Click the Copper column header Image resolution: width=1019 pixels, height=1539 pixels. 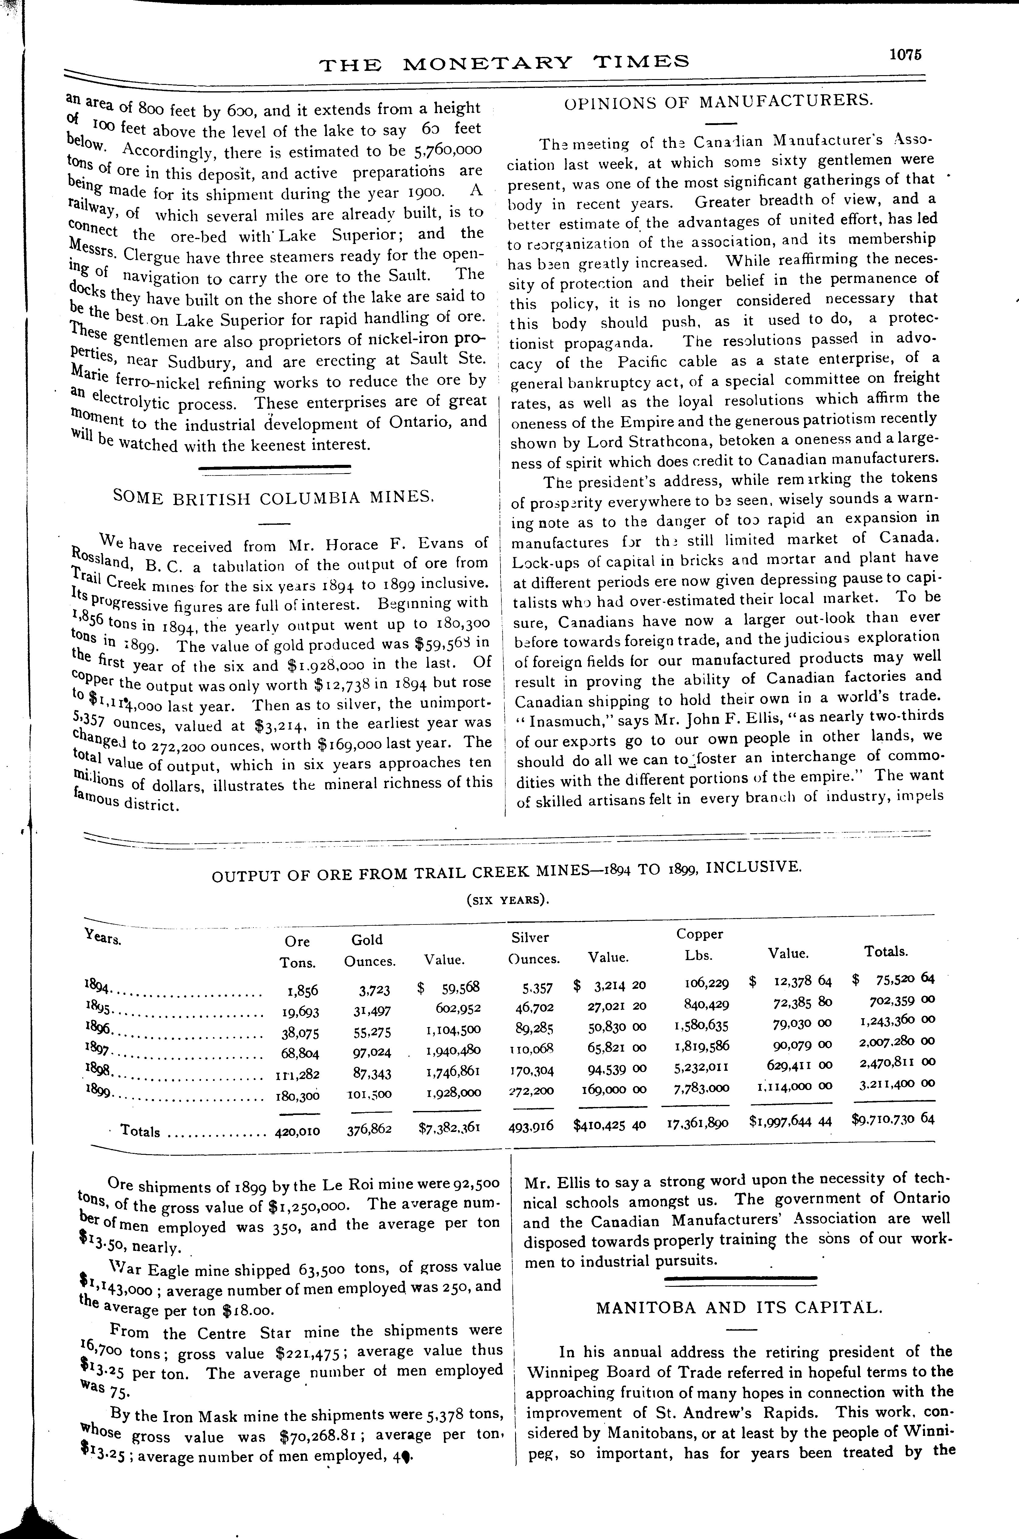(x=699, y=934)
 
